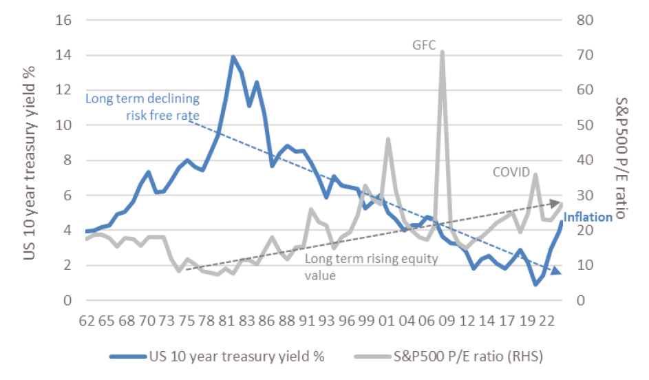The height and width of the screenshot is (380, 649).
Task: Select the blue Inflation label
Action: (x=588, y=218)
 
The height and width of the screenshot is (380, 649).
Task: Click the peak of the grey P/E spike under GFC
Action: (x=442, y=52)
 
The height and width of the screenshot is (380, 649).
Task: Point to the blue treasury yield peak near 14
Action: (x=233, y=57)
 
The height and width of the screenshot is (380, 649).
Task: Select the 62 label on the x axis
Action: (x=86, y=321)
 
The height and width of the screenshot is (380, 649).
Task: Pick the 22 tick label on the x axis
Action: (x=548, y=321)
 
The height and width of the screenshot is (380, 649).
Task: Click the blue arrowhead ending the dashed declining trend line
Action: (x=556, y=271)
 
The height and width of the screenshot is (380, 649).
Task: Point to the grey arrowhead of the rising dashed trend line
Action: (x=557, y=203)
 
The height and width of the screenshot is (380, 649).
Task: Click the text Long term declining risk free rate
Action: (x=142, y=106)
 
